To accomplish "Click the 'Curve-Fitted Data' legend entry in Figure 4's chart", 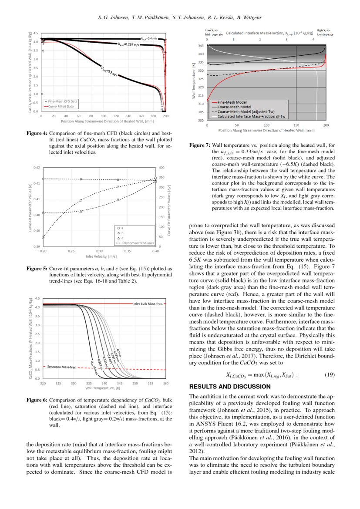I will point(61,106).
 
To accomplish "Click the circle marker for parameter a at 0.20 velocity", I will point(43,238).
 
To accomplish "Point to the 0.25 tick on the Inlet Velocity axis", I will point(71,251).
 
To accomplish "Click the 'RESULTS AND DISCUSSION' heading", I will point(230,387).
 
